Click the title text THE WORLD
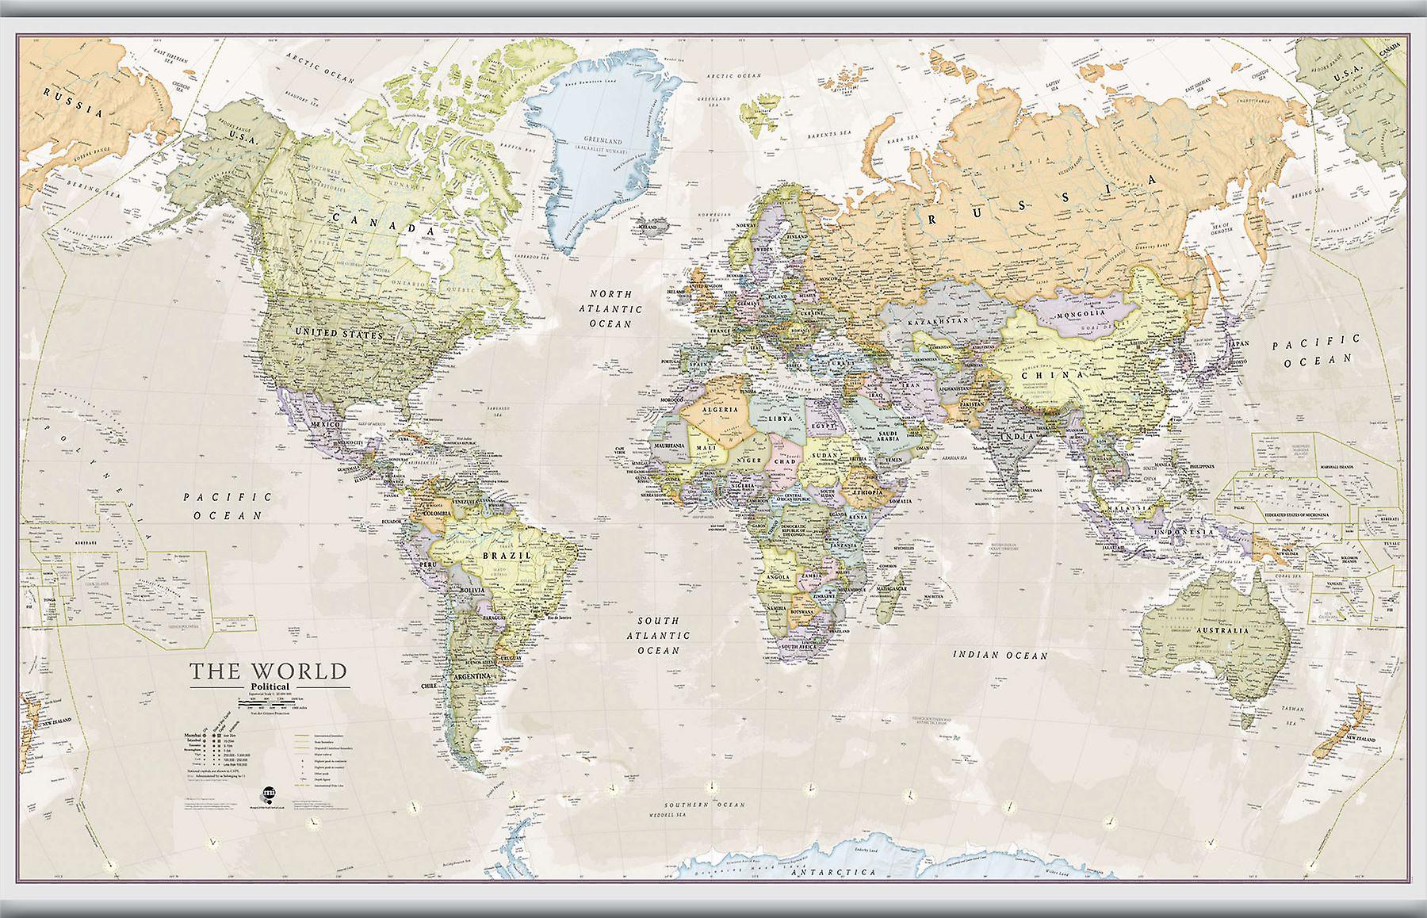267,671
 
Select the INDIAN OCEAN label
1000,656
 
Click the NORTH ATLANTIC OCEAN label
610,308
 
